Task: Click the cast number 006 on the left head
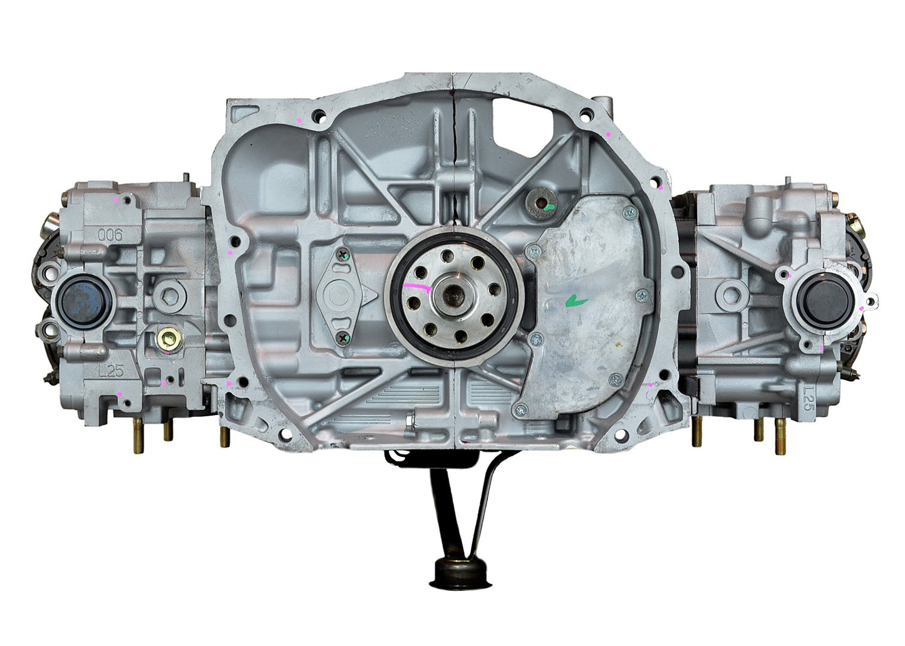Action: click(x=110, y=234)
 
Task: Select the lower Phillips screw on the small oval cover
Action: click(x=342, y=338)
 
